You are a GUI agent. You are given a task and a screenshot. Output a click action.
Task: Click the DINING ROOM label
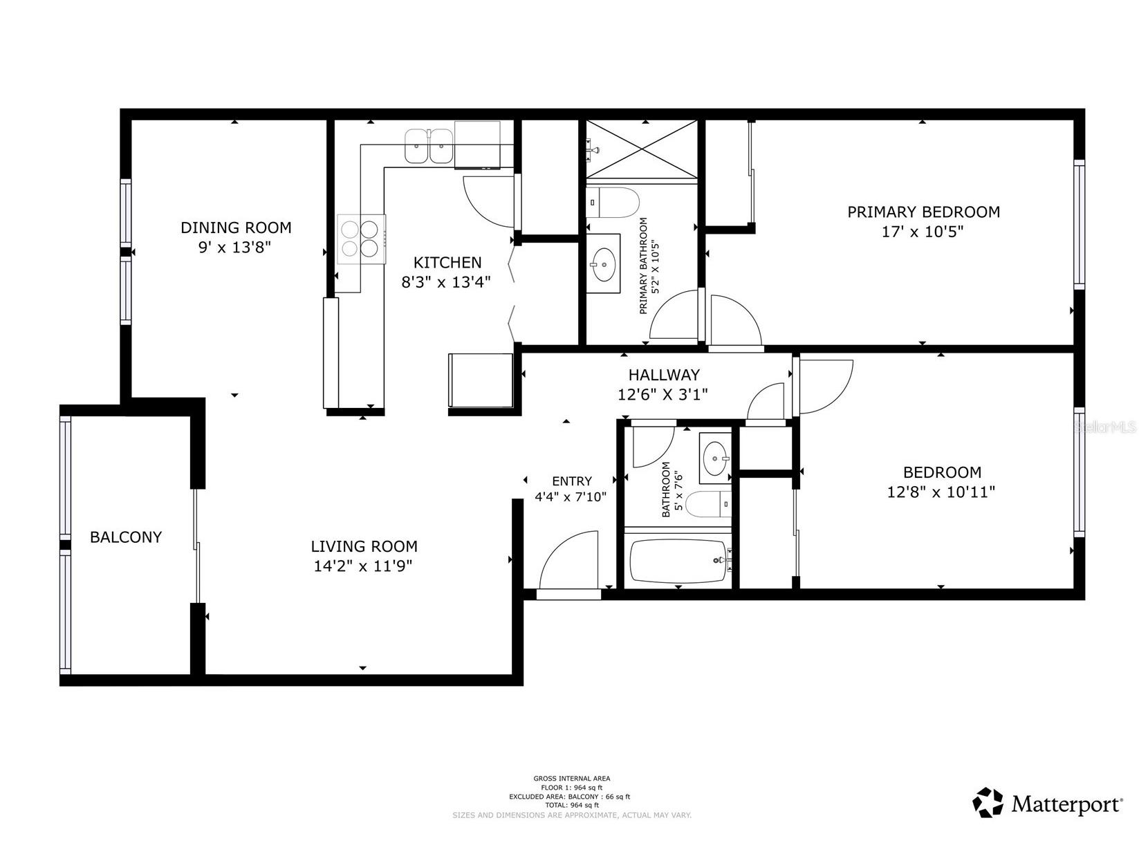(236, 228)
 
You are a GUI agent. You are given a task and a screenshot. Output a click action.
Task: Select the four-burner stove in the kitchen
(361, 239)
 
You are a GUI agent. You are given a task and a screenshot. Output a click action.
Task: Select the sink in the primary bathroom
(603, 263)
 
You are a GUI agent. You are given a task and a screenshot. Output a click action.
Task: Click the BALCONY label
(126, 537)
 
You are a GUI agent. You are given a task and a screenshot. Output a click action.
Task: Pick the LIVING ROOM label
(364, 546)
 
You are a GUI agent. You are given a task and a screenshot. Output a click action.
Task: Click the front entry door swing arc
(568, 559)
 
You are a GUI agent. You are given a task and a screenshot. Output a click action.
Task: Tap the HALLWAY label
(663, 375)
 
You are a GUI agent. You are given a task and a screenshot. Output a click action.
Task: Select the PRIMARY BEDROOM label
(923, 212)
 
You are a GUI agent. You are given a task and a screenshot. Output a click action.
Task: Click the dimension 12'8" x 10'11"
(941, 492)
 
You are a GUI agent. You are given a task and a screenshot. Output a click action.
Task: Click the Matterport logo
(1047, 804)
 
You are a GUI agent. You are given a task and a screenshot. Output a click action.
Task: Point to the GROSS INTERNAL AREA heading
(571, 779)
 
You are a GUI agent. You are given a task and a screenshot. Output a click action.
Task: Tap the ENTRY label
(572, 481)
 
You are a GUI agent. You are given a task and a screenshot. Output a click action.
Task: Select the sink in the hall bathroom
(714, 458)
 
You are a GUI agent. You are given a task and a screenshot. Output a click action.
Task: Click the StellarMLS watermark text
(1105, 427)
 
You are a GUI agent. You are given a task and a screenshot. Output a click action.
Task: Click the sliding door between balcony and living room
(197, 546)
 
